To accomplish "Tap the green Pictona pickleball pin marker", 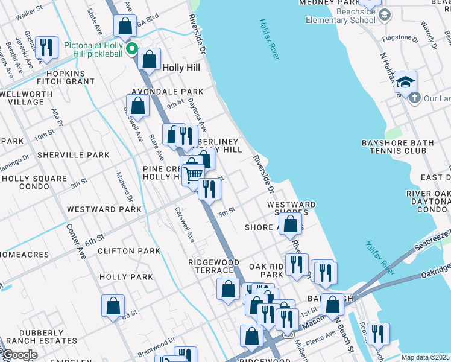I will click(130, 49).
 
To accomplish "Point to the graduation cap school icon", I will click(406, 81).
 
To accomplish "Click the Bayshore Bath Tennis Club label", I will click(406, 147).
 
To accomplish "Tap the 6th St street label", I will click(95, 241).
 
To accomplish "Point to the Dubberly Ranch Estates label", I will click(40, 336).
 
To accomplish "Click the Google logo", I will click(19, 355).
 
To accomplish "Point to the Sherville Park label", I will click(73, 155).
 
